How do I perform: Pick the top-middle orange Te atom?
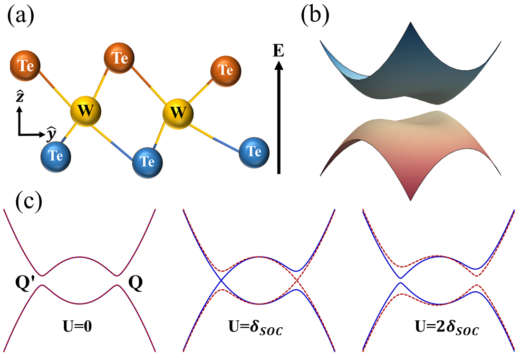[x=120, y=58]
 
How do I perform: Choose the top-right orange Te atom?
[x=226, y=70]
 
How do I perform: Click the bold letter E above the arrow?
[x=279, y=51]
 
